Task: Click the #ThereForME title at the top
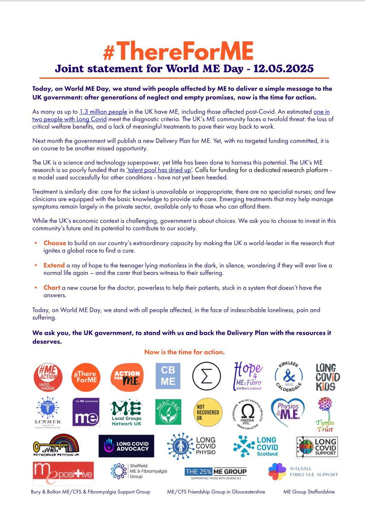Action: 178,51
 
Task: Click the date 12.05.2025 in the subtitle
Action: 283,69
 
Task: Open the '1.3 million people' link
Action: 103,112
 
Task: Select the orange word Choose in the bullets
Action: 54,243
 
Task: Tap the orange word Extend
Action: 54,265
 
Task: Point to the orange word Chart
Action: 52,288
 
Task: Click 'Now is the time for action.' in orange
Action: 184,352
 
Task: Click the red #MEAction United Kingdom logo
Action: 48,377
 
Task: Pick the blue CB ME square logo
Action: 168,376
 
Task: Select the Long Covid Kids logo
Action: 327,377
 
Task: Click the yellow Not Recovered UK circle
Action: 208,412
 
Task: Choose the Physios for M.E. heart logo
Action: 288,411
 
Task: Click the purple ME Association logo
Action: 86,412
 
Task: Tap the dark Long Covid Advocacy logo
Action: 126,446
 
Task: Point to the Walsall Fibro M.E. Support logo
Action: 303,472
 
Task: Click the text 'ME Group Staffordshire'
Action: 309,492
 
